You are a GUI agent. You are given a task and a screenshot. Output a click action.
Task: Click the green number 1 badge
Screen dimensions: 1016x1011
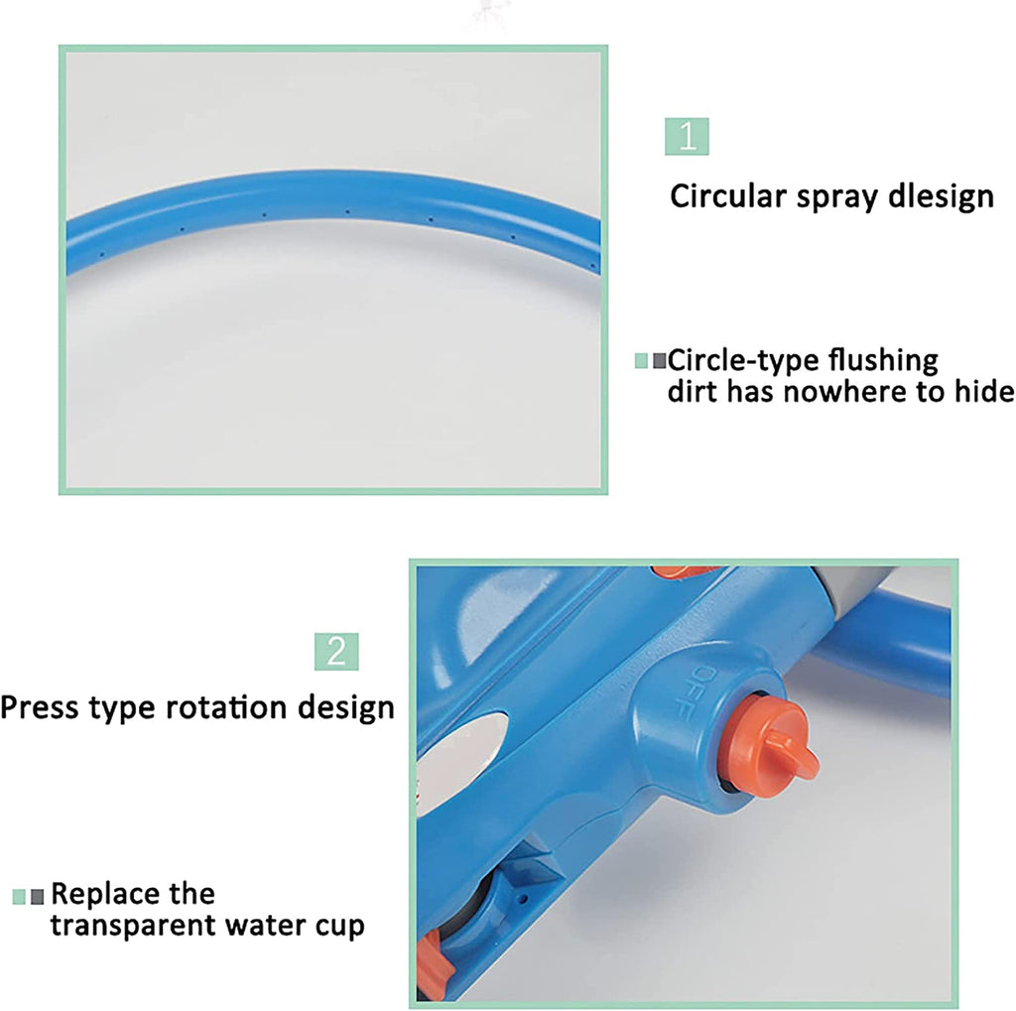(x=687, y=136)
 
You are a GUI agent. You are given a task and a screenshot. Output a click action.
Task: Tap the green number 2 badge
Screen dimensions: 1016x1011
(x=336, y=651)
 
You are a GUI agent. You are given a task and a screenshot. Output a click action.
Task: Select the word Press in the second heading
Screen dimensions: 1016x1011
(x=40, y=707)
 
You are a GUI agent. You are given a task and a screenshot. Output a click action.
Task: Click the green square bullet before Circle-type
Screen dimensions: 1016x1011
(x=641, y=361)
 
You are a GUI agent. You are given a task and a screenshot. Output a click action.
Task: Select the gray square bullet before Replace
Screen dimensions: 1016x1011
(x=38, y=896)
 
